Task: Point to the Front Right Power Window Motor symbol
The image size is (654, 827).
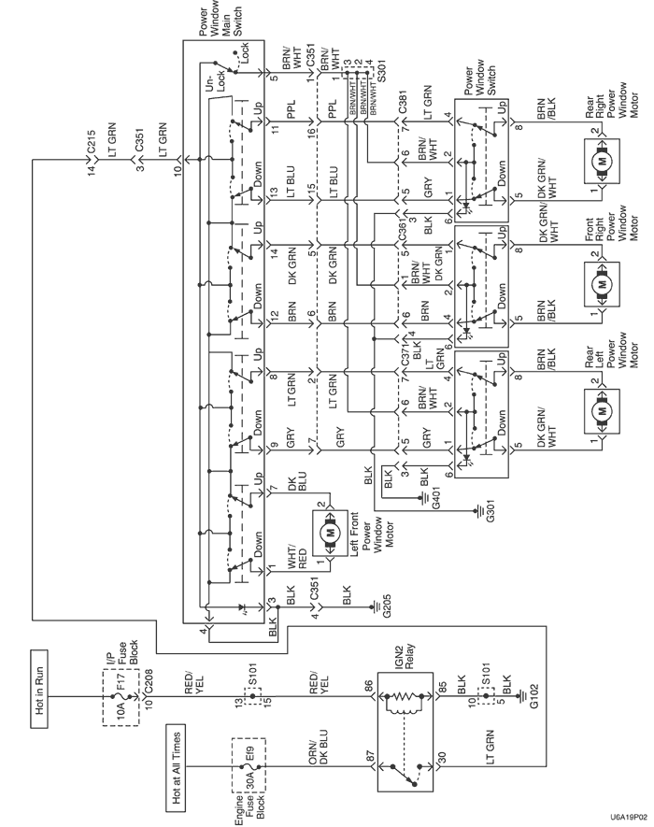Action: coord(603,278)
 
